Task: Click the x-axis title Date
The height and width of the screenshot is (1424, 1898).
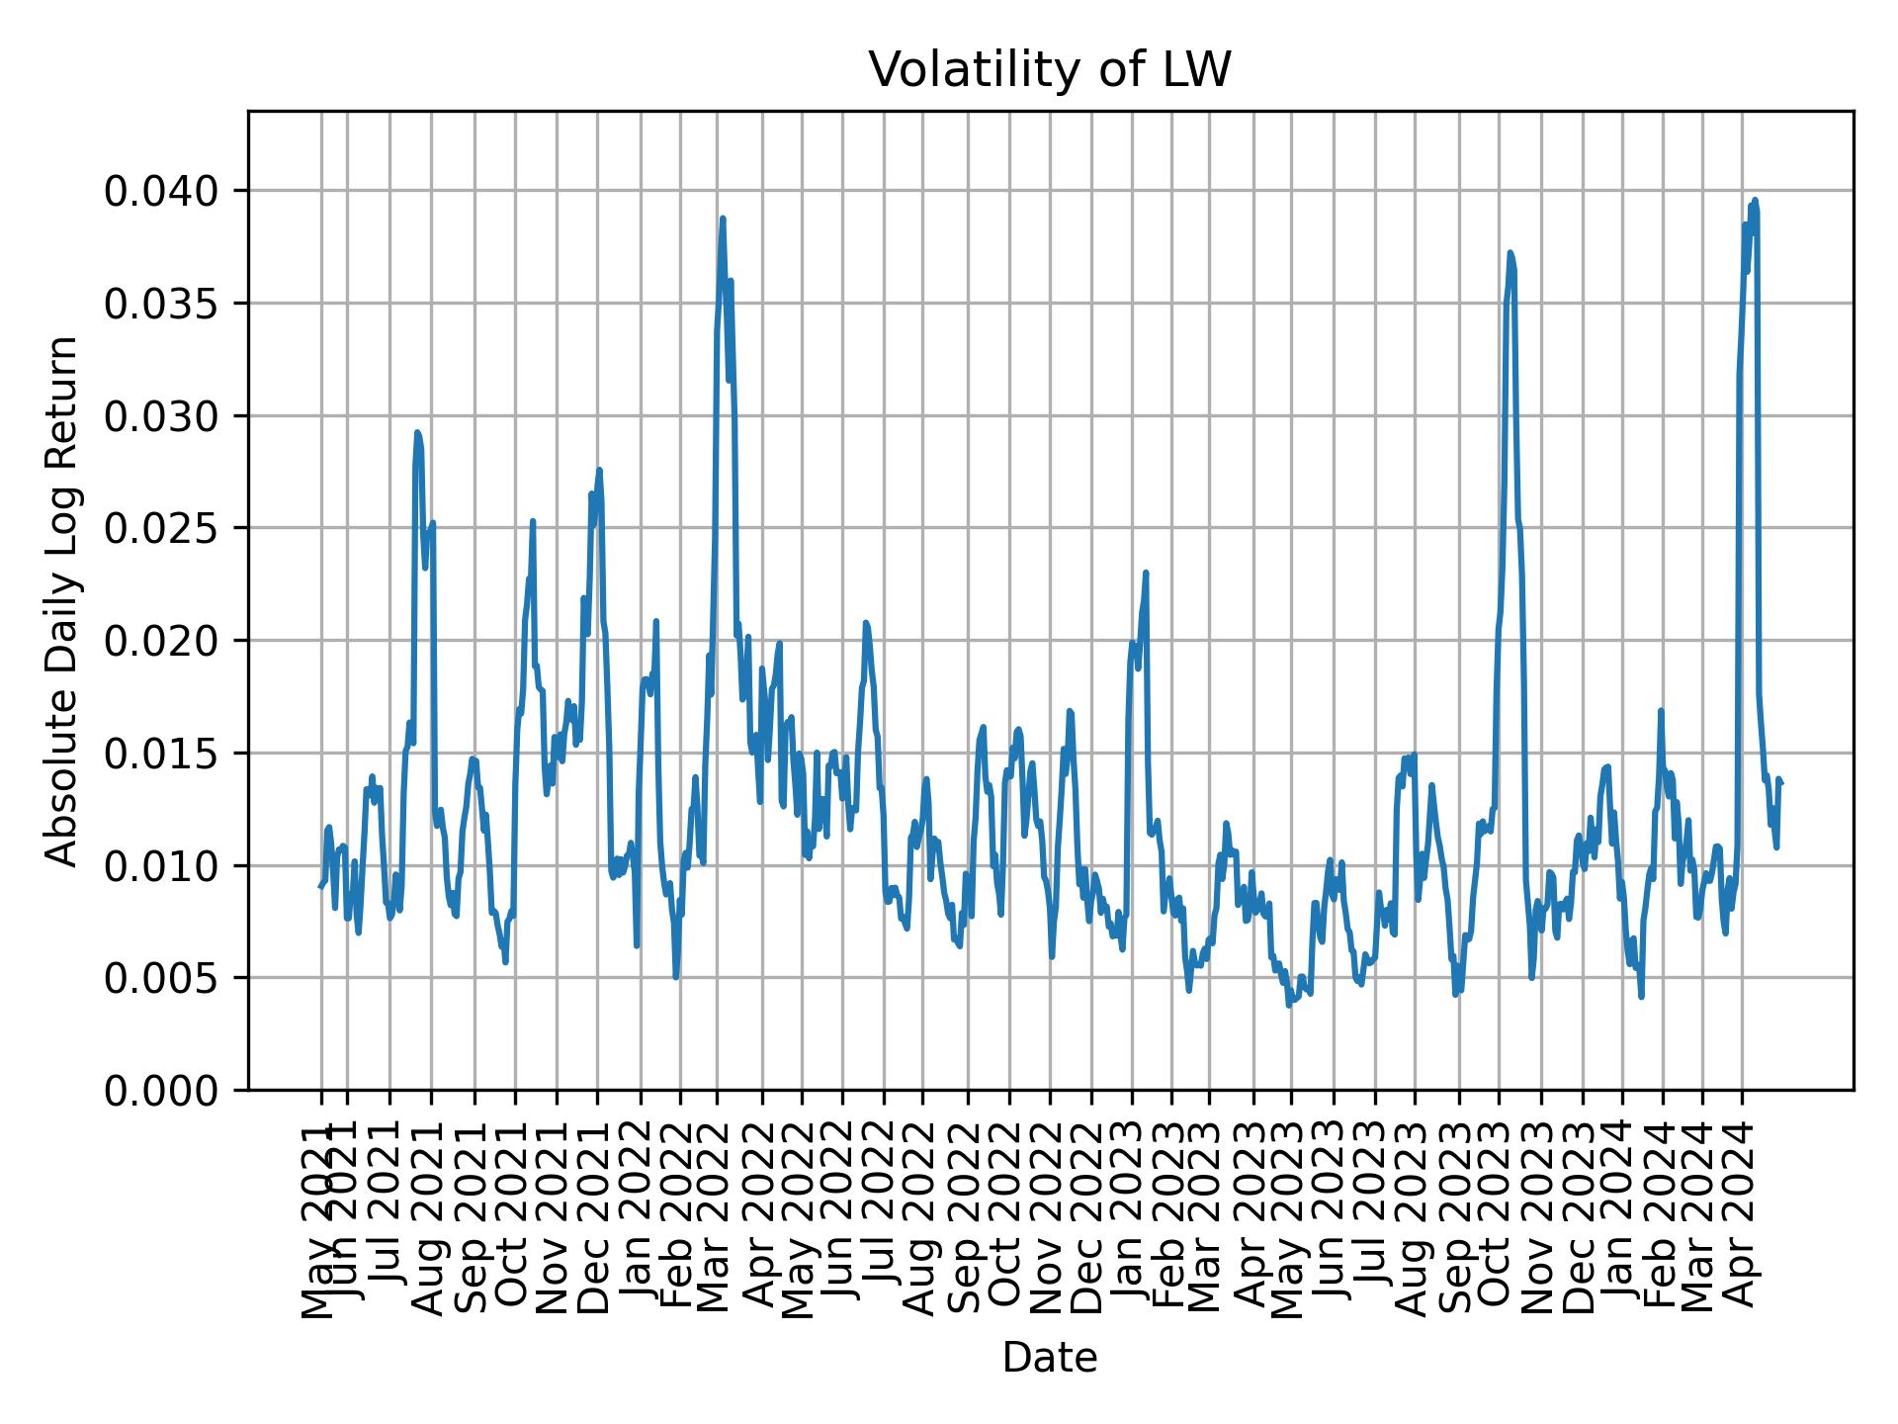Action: pos(1050,1359)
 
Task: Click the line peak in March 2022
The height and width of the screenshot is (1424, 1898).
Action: pos(723,219)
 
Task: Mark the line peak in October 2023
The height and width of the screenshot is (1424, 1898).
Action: pos(1510,252)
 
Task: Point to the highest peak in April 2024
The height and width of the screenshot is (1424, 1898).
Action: pos(1755,200)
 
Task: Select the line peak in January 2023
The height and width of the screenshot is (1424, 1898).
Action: pos(1146,573)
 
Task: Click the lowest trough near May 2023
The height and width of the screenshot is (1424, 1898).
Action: pos(1288,1006)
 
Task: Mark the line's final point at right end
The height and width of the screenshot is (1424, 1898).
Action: pos(1781,783)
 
